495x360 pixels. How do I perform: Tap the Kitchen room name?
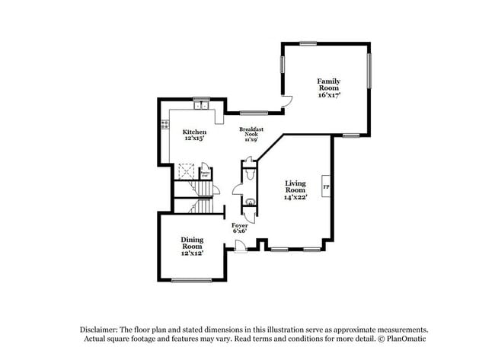click(x=194, y=132)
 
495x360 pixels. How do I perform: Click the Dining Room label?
click(x=192, y=241)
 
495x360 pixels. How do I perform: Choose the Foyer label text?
click(x=239, y=226)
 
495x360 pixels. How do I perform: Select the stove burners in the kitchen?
click(x=165, y=125)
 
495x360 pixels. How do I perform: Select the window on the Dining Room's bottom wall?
click(x=190, y=280)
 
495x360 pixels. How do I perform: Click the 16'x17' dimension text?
click(x=329, y=95)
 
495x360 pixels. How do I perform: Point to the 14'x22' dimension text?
click(x=296, y=197)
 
